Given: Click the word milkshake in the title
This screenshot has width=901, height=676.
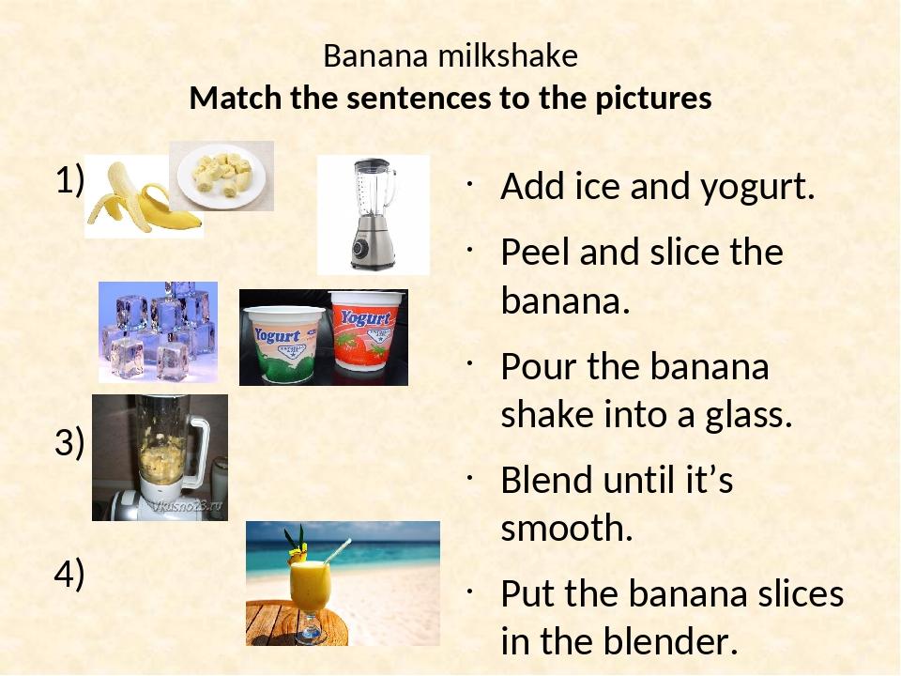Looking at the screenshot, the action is pyautogui.click(x=508, y=55).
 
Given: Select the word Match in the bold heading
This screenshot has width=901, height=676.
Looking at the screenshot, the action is pyautogui.click(x=235, y=98).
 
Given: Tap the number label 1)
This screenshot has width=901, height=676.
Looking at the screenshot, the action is pyautogui.click(x=70, y=180).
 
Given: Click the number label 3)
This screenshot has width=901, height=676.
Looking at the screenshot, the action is pyautogui.click(x=69, y=442).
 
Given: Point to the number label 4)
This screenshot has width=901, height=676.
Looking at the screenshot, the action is pyautogui.click(x=69, y=574).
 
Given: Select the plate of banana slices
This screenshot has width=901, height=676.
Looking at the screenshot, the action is pyautogui.click(x=221, y=175).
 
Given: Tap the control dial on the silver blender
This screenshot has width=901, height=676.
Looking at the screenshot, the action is pyautogui.click(x=360, y=248).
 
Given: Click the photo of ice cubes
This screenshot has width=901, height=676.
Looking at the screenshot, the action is pyautogui.click(x=158, y=331).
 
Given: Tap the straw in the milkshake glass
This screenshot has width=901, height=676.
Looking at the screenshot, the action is pyautogui.click(x=337, y=551).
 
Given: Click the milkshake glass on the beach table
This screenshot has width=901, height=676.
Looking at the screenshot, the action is pyautogui.click(x=310, y=598).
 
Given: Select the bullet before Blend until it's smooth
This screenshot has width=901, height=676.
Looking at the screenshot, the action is pyautogui.click(x=469, y=477).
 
